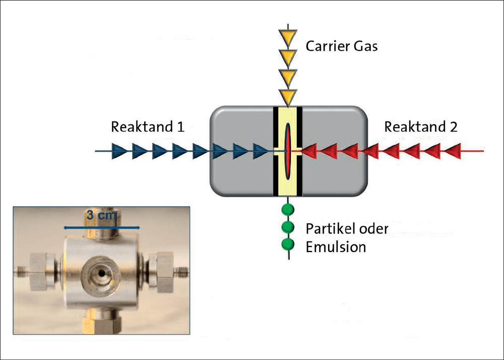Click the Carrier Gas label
341,46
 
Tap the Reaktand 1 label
148,127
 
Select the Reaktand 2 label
421,127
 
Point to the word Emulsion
336,247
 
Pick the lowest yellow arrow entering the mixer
288,98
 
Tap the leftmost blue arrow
119,151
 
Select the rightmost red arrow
453,151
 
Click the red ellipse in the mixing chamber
288,151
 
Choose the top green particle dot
288,210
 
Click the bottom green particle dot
288,244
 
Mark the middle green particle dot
288,227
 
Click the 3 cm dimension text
101,214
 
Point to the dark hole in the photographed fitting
102,273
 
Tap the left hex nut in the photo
42,272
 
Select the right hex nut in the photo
161,272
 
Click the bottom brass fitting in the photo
102,322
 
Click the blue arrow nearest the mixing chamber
261,151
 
